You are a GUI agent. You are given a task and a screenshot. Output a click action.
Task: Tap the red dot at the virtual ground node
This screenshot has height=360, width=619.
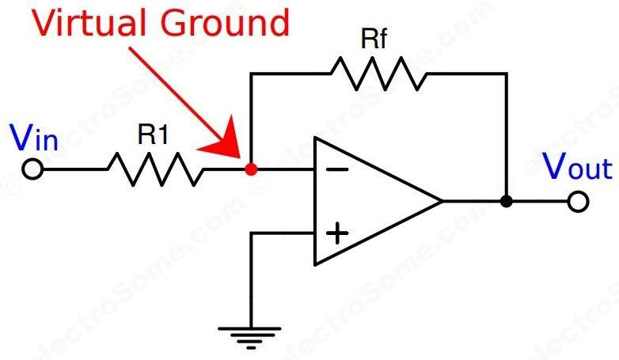pyautogui.click(x=251, y=169)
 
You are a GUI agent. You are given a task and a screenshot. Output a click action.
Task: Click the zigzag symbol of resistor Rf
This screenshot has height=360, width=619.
pyautogui.click(x=378, y=73)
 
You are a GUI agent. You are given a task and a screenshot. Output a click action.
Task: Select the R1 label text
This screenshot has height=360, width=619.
pyautogui.click(x=153, y=135)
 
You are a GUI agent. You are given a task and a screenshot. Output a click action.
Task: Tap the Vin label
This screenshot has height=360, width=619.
pyautogui.click(x=34, y=139)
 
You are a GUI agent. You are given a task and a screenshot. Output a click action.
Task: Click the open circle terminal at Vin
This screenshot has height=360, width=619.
pyautogui.click(x=32, y=169)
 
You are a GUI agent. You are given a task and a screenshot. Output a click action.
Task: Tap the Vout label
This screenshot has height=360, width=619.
pyautogui.click(x=575, y=168)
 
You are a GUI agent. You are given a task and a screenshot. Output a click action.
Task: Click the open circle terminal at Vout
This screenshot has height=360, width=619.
pyautogui.click(x=579, y=202)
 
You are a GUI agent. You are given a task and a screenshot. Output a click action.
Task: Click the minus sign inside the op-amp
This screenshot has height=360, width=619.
pyautogui.click(x=336, y=169)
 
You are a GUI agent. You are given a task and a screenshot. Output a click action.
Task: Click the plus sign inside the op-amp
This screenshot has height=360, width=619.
pyautogui.click(x=337, y=233)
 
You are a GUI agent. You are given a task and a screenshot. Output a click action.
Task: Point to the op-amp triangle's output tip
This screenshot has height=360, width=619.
pyautogui.click(x=441, y=201)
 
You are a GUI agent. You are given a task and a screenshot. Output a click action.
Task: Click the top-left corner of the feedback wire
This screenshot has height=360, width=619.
pyautogui.click(x=251, y=74)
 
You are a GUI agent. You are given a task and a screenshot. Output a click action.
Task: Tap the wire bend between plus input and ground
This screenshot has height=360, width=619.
pyautogui.click(x=251, y=233)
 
